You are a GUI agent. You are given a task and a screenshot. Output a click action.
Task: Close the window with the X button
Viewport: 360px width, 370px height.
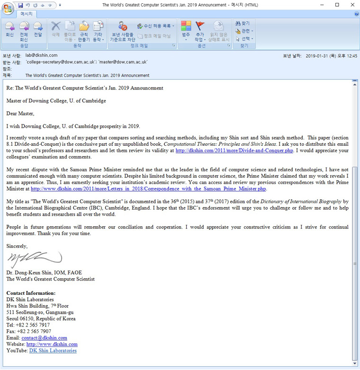(350, 5)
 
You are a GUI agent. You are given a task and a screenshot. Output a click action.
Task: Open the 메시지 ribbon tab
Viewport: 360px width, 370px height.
(26, 14)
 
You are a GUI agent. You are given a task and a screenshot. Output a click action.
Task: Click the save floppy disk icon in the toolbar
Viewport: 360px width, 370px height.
(20, 5)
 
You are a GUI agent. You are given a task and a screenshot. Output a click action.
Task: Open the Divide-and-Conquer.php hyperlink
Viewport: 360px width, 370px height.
(234, 150)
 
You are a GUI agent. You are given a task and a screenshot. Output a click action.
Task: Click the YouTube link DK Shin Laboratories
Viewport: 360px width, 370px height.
(53, 351)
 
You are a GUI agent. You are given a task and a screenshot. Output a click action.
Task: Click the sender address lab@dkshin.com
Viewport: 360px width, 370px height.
(41, 55)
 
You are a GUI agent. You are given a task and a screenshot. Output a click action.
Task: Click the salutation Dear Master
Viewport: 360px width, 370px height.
(20, 114)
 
